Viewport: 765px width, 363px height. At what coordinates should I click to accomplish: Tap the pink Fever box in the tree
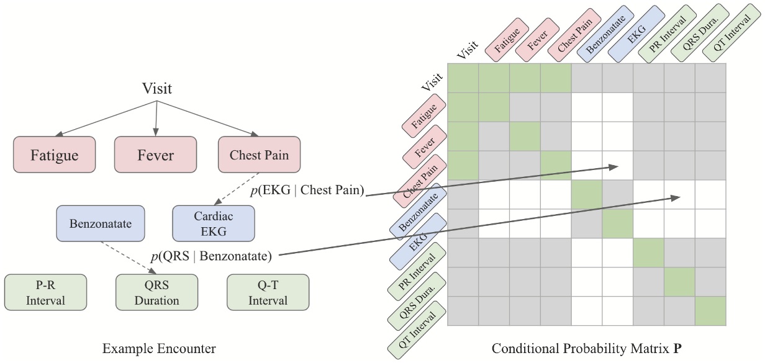(155, 155)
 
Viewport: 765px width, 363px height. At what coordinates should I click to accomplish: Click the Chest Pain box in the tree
(259, 155)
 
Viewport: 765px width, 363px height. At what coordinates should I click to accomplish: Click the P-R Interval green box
(45, 293)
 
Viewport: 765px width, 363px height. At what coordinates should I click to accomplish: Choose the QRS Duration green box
(156, 293)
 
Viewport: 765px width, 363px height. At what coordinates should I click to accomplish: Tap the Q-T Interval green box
(268, 293)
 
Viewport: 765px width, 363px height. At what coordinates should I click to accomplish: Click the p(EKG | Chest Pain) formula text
(306, 190)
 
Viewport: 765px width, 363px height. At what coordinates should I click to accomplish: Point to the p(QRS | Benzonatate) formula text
(211, 255)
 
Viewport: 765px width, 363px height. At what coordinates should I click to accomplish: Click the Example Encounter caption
(159, 349)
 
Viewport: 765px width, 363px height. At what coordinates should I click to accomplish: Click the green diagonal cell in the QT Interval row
(710, 311)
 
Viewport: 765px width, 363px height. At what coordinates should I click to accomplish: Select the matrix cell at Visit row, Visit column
(463, 78)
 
